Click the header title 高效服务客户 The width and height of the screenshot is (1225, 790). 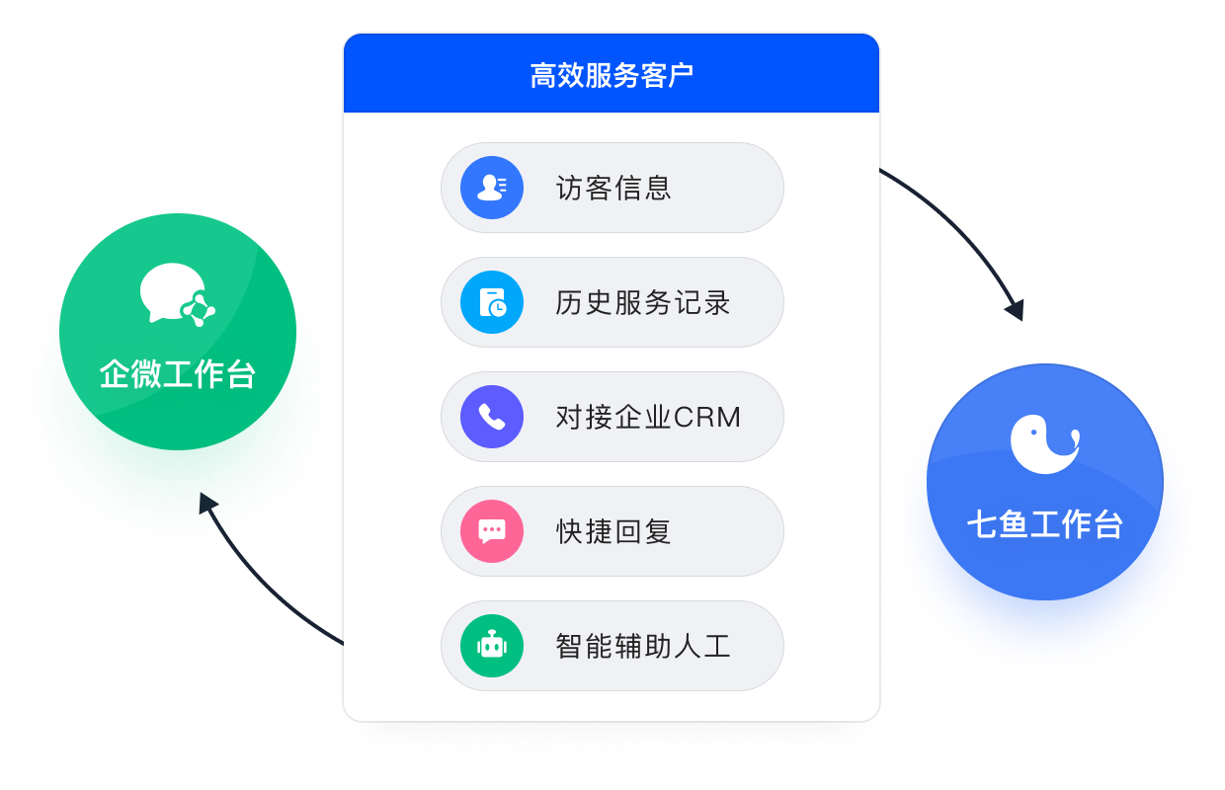pyautogui.click(x=612, y=75)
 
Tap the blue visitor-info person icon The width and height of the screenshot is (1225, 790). pyautogui.click(x=492, y=188)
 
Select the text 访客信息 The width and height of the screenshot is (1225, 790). pyautogui.click(x=613, y=188)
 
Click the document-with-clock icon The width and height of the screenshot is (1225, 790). pyautogui.click(x=492, y=302)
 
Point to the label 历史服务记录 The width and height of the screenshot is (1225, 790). pyautogui.click(x=643, y=302)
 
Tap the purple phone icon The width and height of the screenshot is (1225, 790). pyautogui.click(x=492, y=417)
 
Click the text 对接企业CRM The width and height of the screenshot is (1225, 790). pyautogui.click(x=648, y=417)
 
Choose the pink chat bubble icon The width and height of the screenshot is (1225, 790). pyautogui.click(x=492, y=531)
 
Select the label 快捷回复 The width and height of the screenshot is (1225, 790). pyautogui.click(x=613, y=531)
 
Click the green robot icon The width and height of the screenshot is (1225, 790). pyautogui.click(x=492, y=646)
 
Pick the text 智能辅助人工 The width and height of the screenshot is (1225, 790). pyautogui.click(x=643, y=646)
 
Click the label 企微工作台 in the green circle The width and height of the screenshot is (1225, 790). pyautogui.click(x=178, y=374)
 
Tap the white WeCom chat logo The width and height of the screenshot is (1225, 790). pyautogui.click(x=177, y=294)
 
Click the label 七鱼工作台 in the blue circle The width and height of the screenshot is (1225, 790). pyautogui.click(x=1045, y=524)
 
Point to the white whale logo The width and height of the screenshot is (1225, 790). pyautogui.click(x=1043, y=443)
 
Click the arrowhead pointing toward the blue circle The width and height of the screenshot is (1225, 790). pyautogui.click(x=1014, y=309)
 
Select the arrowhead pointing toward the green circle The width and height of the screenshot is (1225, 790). pyautogui.click(x=208, y=504)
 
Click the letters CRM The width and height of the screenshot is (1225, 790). pyautogui.click(x=707, y=417)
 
